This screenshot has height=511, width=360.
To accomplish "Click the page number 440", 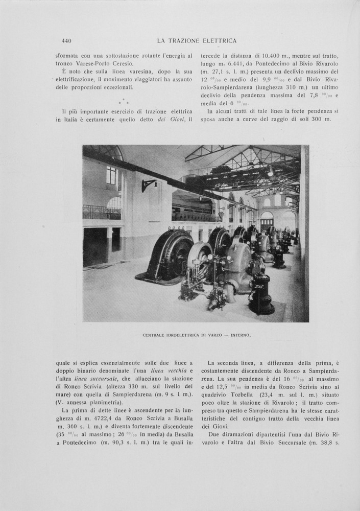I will click(66, 41).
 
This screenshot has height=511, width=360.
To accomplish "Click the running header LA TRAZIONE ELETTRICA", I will click(196, 41).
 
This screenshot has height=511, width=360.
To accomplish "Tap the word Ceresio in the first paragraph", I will click(121, 63).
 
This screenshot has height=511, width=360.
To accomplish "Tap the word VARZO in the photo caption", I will click(208, 335).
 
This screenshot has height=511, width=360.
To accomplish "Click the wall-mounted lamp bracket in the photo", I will click(148, 185).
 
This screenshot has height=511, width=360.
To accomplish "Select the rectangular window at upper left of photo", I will click(111, 176).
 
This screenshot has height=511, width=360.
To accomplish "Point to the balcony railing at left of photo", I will click(102, 212).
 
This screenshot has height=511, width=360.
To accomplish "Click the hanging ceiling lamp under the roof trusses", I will click(270, 172).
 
